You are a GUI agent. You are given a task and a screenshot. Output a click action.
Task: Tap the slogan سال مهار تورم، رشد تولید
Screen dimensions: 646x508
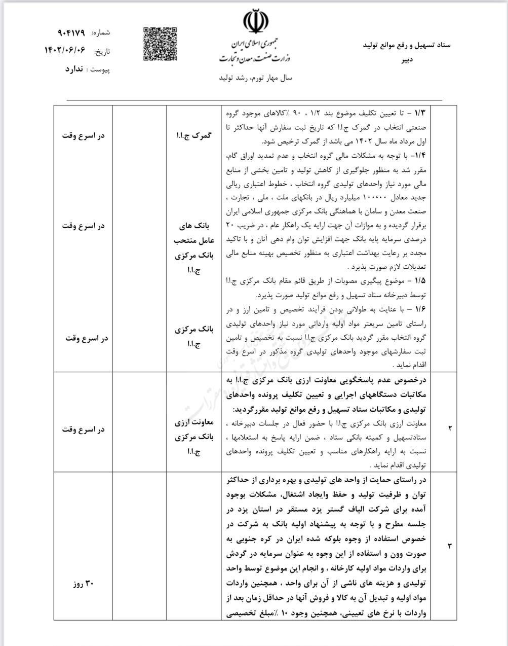255,79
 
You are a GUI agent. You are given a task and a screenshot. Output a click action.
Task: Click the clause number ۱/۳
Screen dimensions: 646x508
421,111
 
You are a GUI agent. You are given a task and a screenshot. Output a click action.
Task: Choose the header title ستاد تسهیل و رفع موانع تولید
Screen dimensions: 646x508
407,45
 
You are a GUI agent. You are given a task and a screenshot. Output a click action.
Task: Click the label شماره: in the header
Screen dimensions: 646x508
101,33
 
